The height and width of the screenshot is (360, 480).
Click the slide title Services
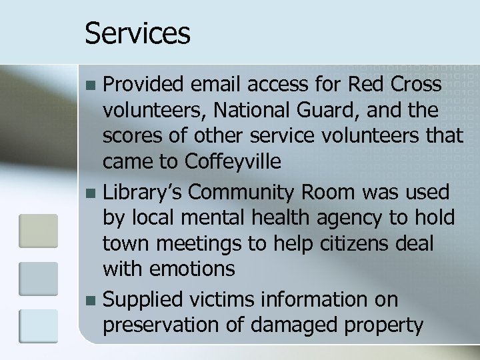137,33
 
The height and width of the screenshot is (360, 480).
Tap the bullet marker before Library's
91,193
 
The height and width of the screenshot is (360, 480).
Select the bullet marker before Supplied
91,301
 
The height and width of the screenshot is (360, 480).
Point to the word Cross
415,85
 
